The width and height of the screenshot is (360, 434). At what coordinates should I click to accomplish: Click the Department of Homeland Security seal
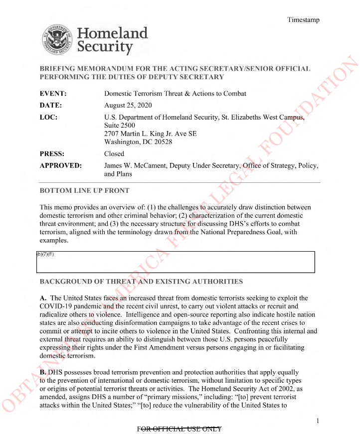57,40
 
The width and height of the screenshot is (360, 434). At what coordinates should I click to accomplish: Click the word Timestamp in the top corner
303,20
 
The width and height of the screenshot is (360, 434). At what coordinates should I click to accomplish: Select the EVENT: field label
53,94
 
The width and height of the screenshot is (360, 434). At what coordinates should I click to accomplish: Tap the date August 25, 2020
128,106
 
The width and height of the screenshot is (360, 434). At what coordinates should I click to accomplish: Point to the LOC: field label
48,118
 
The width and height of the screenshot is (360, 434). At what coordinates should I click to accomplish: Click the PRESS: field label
52,154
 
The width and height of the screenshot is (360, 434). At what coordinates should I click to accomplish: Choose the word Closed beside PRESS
114,154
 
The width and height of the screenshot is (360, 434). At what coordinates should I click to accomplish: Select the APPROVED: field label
60,166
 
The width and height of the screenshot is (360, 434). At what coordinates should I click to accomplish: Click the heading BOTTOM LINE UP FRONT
84,190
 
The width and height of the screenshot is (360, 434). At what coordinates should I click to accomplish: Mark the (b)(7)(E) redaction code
45,254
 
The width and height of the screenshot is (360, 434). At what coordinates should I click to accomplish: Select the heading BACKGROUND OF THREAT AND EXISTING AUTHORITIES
141,282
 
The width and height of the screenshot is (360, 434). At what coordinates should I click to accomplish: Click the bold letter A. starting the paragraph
43,298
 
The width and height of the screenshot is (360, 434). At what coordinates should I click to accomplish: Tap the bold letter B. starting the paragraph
43,372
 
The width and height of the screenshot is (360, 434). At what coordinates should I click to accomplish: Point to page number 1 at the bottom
318,422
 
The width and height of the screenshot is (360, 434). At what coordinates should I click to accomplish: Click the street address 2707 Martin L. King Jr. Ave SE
151,134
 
